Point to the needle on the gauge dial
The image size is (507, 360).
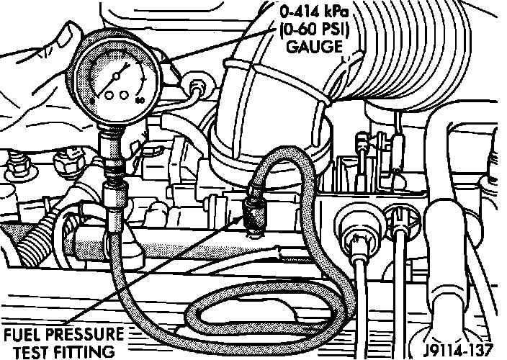122,76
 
